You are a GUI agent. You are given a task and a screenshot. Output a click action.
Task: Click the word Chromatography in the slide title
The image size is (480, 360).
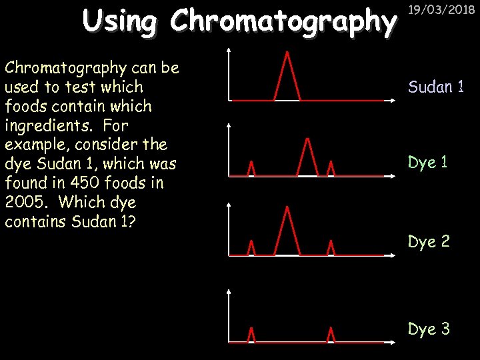point(283,21)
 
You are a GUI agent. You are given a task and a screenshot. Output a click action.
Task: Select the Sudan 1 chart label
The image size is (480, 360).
point(436,87)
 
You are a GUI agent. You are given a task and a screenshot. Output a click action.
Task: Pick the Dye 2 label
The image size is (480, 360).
point(429,241)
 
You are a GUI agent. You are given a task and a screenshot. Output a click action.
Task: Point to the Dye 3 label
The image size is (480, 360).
point(429,329)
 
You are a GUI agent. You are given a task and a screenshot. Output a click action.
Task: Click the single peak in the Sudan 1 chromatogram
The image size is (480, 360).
point(287,77)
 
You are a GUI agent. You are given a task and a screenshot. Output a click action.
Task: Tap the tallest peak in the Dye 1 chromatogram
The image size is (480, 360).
point(307,157)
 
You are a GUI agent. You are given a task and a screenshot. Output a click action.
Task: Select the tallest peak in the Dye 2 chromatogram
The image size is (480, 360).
point(287,231)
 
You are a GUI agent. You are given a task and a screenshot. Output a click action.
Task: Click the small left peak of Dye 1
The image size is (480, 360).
point(251,169)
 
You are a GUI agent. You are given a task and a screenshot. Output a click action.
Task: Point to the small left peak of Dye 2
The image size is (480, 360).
point(251,247)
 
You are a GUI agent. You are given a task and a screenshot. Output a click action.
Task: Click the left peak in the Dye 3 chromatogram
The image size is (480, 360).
point(251,335)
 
